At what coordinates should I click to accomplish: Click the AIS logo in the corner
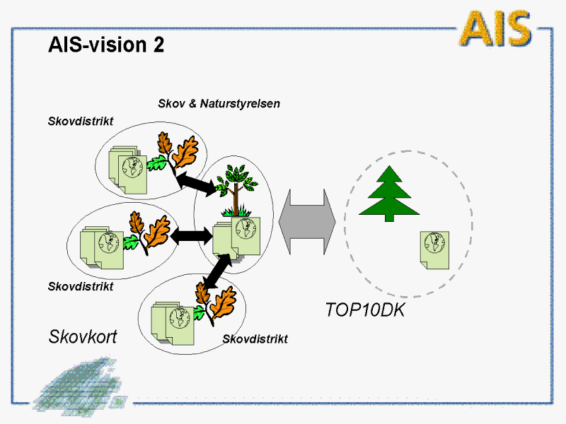[495, 28]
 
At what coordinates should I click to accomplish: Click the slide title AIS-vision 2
[106, 45]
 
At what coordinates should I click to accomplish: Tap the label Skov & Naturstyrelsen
[219, 104]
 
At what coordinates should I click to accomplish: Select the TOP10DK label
[364, 310]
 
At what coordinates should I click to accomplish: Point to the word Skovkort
[82, 336]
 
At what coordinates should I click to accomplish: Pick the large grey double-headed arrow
[308, 220]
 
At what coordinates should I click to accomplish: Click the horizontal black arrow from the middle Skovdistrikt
[191, 235]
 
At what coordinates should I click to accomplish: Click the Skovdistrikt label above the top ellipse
[80, 121]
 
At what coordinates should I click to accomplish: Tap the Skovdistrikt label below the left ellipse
[80, 286]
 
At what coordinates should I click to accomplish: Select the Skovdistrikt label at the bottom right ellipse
[255, 339]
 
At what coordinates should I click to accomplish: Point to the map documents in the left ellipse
[103, 247]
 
